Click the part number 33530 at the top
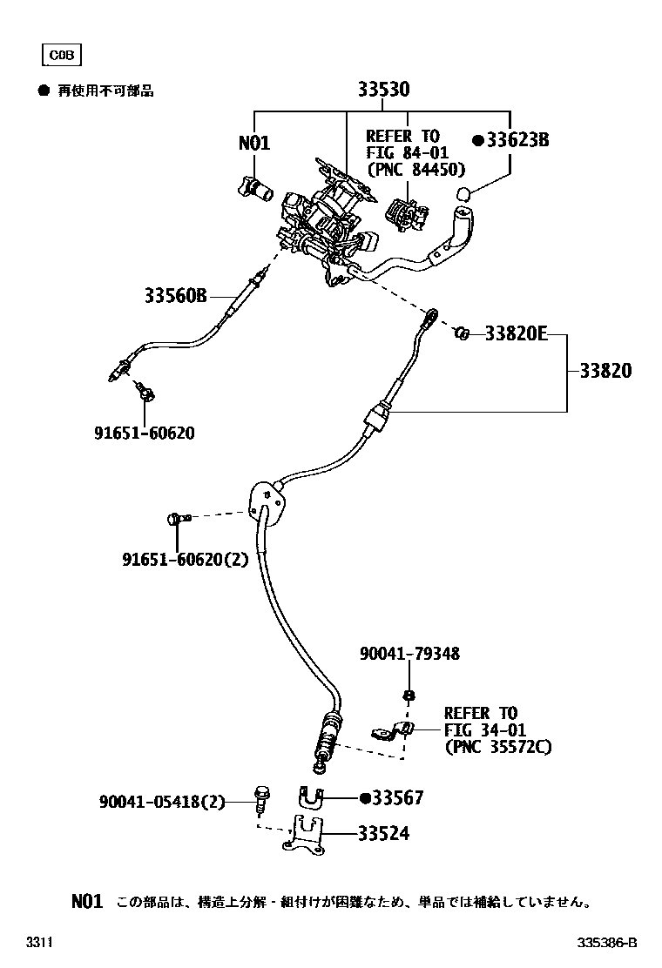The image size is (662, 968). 383,91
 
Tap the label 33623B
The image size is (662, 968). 511,140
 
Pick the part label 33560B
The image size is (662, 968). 175,296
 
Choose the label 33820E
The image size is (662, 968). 516,333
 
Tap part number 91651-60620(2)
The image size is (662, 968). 185,560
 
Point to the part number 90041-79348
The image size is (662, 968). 409,653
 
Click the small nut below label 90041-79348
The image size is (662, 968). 408,696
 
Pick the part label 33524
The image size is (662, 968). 383,834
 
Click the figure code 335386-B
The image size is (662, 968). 608,943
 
